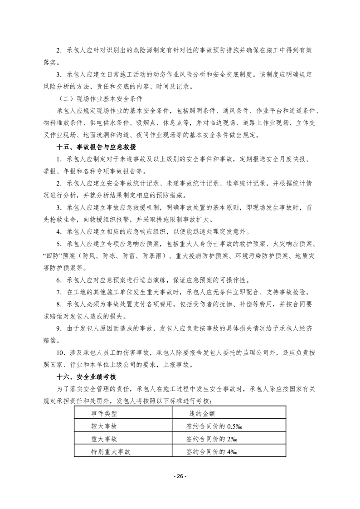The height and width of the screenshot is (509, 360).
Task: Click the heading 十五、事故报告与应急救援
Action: coord(96,147)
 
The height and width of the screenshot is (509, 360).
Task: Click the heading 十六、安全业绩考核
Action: coord(86,377)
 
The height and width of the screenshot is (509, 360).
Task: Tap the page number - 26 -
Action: coord(180,477)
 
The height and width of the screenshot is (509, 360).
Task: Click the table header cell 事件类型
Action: coord(104,413)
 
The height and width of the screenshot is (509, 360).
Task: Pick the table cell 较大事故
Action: coord(104,426)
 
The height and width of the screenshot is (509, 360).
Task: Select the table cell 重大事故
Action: coord(104,439)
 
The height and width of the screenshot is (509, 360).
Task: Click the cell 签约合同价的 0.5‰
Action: coord(213,426)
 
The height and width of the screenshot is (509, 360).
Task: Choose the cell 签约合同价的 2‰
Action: coord(209,439)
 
